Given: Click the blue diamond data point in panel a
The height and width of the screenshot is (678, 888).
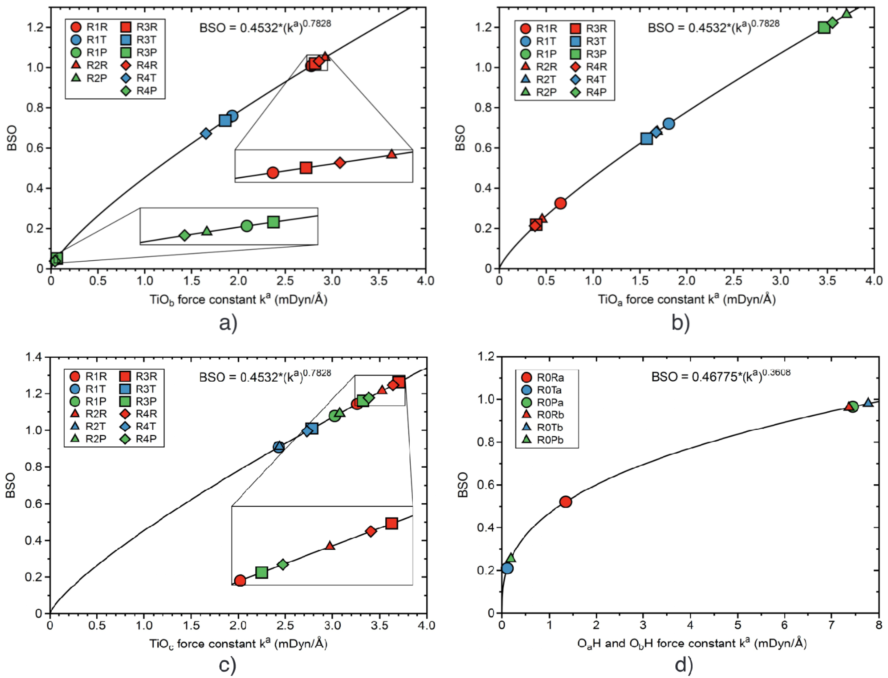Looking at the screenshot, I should pyautogui.click(x=206, y=133).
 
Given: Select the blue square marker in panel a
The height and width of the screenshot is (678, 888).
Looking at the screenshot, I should pyautogui.click(x=225, y=120).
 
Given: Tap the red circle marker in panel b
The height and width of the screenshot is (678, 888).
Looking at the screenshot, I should pyautogui.click(x=560, y=203).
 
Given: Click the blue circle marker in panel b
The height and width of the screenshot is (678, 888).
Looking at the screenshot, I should pyautogui.click(x=669, y=123).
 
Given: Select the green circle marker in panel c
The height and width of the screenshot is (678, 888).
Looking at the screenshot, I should pyautogui.click(x=334, y=416).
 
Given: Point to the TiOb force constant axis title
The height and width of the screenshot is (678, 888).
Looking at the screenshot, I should pyautogui.click(x=238, y=299).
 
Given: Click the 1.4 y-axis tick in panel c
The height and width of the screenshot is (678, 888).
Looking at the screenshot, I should pyautogui.click(x=33, y=357).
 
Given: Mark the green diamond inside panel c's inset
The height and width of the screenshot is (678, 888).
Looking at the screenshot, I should pyautogui.click(x=283, y=564).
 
